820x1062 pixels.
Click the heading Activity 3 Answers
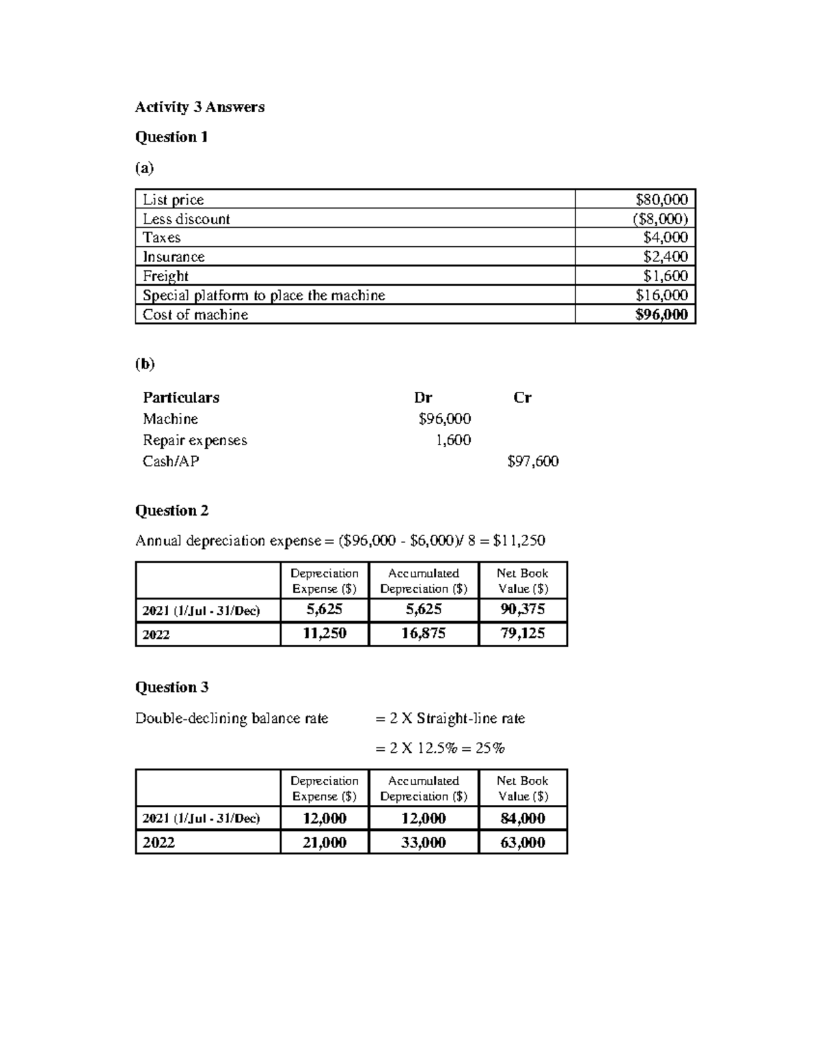200,107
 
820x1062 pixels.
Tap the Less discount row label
186,219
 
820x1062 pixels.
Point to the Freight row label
165,276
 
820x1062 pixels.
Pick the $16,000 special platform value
661,295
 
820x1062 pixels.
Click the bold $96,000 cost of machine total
661,315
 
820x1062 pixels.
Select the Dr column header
423,398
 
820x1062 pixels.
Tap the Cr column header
522,398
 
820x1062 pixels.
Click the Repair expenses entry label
195,440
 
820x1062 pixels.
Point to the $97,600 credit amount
533,462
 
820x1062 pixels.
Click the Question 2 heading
172,511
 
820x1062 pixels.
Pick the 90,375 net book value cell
523,610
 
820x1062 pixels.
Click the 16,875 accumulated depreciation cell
423,634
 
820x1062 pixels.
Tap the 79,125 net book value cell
523,634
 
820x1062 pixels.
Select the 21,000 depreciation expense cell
325,842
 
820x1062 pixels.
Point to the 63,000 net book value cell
523,842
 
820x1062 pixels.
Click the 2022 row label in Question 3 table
159,842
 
